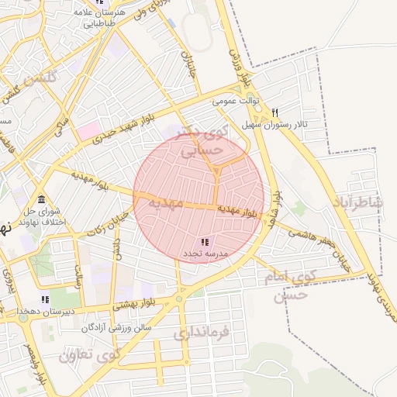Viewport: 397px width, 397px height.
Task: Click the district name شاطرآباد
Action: [x=357, y=202]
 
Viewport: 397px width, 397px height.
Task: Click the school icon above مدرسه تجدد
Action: [x=205, y=243]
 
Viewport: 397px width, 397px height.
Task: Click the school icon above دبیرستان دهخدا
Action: [x=46, y=299]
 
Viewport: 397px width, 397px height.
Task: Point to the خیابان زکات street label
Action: [x=97, y=225]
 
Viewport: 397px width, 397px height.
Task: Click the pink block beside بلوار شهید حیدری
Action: [x=88, y=129]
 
